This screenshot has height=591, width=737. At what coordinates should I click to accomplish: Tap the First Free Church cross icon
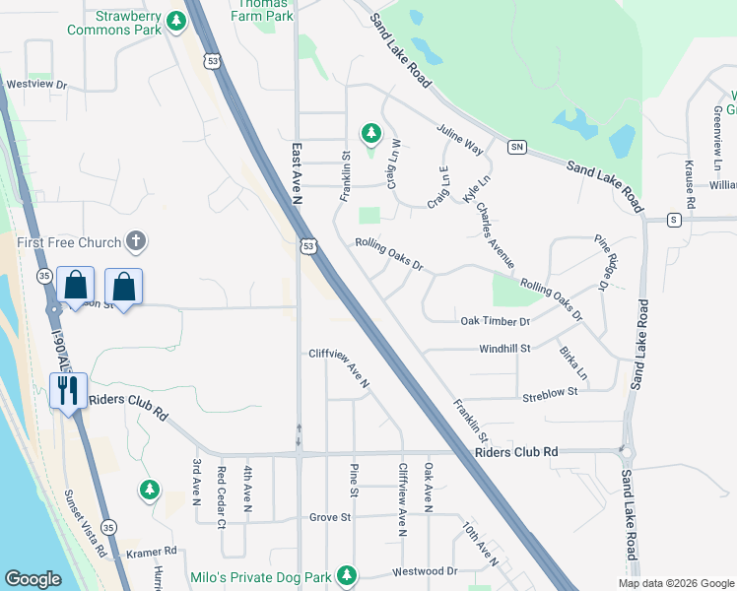pyautogui.click(x=137, y=241)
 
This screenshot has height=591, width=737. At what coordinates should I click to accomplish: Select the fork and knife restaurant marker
pyautogui.click(x=68, y=391)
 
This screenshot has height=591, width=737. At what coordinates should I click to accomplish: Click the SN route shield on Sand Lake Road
pyautogui.click(x=516, y=147)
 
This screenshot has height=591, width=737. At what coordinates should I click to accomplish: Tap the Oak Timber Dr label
pyautogui.click(x=496, y=322)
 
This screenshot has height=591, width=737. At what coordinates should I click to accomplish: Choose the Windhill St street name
pyautogui.click(x=504, y=349)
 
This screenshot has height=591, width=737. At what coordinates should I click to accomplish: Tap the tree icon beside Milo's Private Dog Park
pyautogui.click(x=346, y=573)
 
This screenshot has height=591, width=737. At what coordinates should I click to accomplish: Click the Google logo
pyautogui.click(x=33, y=579)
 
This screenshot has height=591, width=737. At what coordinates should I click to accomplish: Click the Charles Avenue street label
pyautogui.click(x=495, y=235)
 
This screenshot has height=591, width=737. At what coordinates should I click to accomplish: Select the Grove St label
pyautogui.click(x=330, y=517)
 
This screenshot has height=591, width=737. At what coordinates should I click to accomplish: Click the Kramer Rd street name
pyautogui.click(x=157, y=552)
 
